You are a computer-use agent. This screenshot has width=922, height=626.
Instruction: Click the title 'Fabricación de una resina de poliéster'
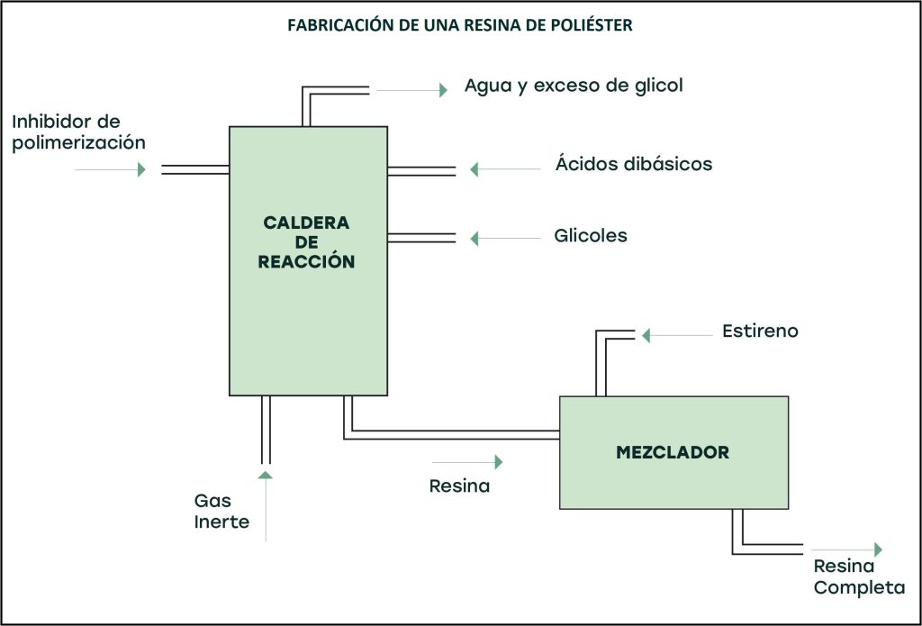[460, 25]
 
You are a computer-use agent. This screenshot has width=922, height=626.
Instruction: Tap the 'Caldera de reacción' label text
[307, 242]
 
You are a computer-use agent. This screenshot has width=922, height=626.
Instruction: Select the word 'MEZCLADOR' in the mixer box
[673, 452]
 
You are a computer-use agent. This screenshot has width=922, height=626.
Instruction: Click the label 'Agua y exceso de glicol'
[574, 86]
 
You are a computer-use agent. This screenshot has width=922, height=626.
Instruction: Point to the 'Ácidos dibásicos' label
[633, 165]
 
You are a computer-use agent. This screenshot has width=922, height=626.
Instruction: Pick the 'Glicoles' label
[591, 237]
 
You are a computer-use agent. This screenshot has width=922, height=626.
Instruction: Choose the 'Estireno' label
[760, 331]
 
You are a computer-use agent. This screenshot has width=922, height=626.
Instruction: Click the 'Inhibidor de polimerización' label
[78, 132]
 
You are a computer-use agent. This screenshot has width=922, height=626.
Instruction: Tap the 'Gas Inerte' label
[221, 511]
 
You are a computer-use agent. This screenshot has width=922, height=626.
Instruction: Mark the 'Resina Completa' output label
[859, 577]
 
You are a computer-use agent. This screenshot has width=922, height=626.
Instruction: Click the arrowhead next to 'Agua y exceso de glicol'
[443, 89]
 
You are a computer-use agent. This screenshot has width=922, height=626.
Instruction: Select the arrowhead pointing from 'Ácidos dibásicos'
[474, 169]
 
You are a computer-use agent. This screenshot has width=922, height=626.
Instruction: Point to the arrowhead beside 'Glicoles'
[474, 239]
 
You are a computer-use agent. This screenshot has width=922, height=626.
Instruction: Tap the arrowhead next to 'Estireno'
[645, 335]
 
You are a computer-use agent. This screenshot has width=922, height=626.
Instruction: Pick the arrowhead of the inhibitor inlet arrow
[141, 169]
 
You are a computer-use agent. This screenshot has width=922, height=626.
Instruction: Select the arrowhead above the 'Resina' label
[498, 462]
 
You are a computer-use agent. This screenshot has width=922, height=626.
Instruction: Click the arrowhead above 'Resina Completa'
[878, 549]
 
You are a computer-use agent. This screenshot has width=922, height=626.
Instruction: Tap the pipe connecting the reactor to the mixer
[450, 434]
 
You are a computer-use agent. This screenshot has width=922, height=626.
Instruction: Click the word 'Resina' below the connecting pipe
[459, 487]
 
